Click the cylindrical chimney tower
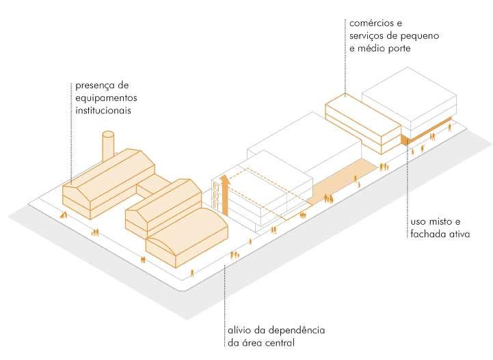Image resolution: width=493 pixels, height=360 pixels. click(x=109, y=146)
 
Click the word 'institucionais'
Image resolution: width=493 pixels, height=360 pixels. click(x=103, y=109)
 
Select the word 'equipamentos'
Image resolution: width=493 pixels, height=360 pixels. click(x=105, y=98)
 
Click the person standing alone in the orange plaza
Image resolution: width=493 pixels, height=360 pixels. click(x=356, y=180)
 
